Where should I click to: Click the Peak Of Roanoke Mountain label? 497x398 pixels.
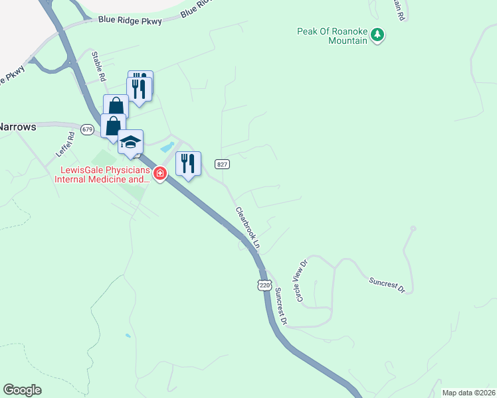pyautogui.click(x=332, y=36)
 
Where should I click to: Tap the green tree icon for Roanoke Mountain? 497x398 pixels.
pyautogui.click(x=377, y=34)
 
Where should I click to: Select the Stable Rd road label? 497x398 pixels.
pyautogui.click(x=98, y=66)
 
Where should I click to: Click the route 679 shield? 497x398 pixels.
pyautogui.click(x=87, y=129)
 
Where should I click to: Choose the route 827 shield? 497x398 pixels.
pyautogui.click(x=222, y=164)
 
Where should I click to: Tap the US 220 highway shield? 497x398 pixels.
pyautogui.click(x=264, y=285)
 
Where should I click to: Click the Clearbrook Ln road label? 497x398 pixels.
pyautogui.click(x=247, y=228)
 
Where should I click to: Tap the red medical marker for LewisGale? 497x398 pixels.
pyautogui.click(x=159, y=174)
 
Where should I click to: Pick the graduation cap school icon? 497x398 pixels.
pyautogui.click(x=130, y=142)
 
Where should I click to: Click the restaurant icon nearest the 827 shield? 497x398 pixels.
pyautogui.click(x=188, y=163)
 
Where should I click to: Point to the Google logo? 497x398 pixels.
pyautogui.click(x=22, y=390)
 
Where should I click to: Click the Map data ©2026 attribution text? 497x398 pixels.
pyautogui.click(x=469, y=393)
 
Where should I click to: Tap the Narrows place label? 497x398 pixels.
pyautogui.click(x=16, y=125)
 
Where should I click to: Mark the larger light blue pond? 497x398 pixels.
pyautogui.click(x=167, y=147)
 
